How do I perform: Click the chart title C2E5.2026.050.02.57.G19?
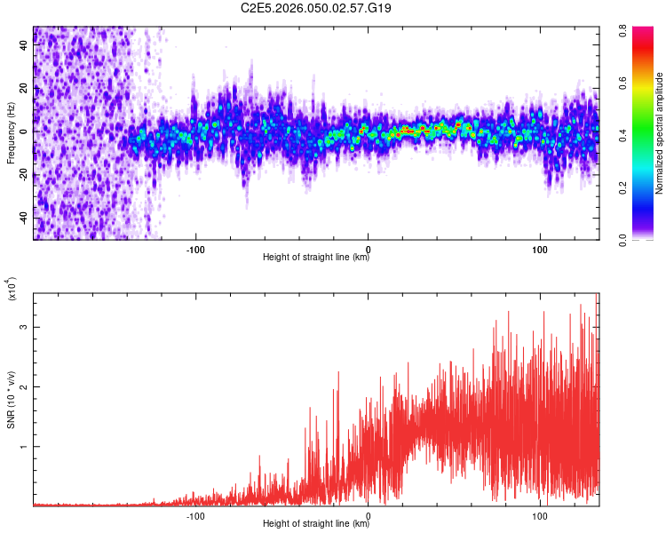click(x=317, y=8)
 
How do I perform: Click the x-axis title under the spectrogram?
click(x=316, y=258)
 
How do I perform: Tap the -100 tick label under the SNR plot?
click(x=195, y=513)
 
